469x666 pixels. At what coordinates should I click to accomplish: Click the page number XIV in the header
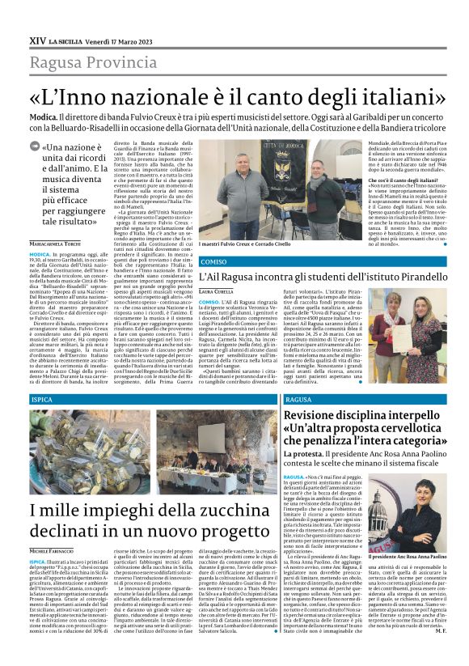point(36,40)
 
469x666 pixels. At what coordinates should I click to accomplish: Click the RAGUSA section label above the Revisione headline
point(298,401)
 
